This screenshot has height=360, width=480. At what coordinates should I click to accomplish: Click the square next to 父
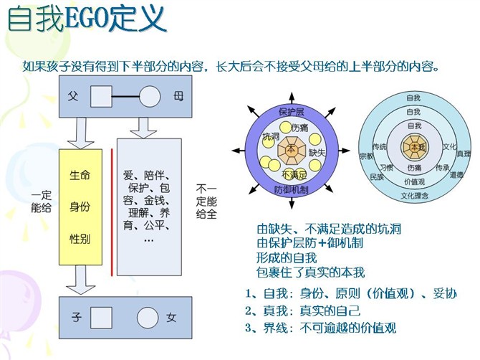(101, 97)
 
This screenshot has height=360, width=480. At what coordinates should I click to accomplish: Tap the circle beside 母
(150, 97)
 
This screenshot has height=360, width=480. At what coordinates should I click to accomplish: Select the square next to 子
(101, 318)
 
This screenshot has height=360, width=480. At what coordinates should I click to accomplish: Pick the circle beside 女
(148, 318)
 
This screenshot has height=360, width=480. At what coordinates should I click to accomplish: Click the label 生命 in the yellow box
(80, 175)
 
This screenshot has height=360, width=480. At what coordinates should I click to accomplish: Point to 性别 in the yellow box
(80, 238)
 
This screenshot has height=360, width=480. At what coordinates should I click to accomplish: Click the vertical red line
(112, 212)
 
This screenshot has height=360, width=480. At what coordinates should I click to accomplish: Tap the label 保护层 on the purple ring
(292, 112)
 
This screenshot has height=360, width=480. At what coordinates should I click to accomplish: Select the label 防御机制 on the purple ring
(291, 190)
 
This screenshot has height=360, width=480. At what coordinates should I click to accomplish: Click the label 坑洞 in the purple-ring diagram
(272, 136)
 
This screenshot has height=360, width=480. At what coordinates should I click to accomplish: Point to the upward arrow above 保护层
(292, 98)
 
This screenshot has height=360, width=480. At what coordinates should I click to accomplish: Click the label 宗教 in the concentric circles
(366, 156)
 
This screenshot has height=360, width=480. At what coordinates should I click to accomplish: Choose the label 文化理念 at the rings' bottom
(415, 196)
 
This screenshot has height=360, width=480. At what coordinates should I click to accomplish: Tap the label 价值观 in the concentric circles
(415, 181)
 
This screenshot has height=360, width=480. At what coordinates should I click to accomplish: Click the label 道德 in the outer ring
(457, 175)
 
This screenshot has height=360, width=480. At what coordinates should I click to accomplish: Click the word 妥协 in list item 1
(445, 293)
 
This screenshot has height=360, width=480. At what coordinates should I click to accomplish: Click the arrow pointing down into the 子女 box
(81, 280)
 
